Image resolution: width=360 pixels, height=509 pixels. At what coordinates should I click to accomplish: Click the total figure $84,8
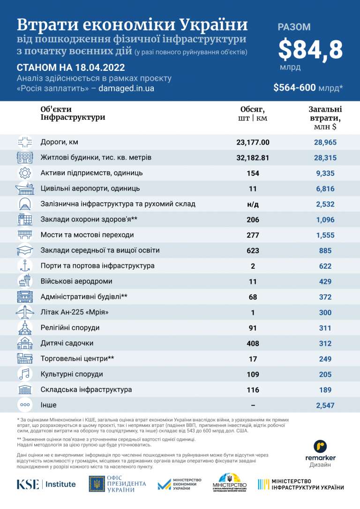(x=310, y=49)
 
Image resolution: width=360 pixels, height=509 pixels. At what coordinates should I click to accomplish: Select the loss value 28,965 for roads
(x=325, y=142)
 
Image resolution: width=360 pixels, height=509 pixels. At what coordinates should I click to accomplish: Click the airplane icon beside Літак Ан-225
(x=24, y=312)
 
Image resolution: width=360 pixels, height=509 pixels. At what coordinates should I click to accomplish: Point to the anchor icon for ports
(x=24, y=266)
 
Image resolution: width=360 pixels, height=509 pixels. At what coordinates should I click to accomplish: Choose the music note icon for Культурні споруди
(x=24, y=374)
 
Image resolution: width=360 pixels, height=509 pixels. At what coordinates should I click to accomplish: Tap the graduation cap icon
(x=24, y=251)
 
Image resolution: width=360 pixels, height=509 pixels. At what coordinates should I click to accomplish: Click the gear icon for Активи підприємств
(x=24, y=173)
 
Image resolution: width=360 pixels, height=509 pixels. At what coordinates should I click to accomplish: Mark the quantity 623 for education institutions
(x=253, y=251)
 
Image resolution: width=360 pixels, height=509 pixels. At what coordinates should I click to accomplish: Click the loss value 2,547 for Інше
(x=325, y=405)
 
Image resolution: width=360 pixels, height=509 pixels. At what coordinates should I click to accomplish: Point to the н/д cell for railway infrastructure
(x=253, y=204)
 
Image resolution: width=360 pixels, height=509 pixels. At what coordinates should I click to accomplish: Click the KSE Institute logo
(x=46, y=484)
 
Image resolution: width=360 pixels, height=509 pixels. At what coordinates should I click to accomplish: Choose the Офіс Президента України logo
(x=118, y=484)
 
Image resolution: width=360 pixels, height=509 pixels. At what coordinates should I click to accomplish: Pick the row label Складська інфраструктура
(x=86, y=390)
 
